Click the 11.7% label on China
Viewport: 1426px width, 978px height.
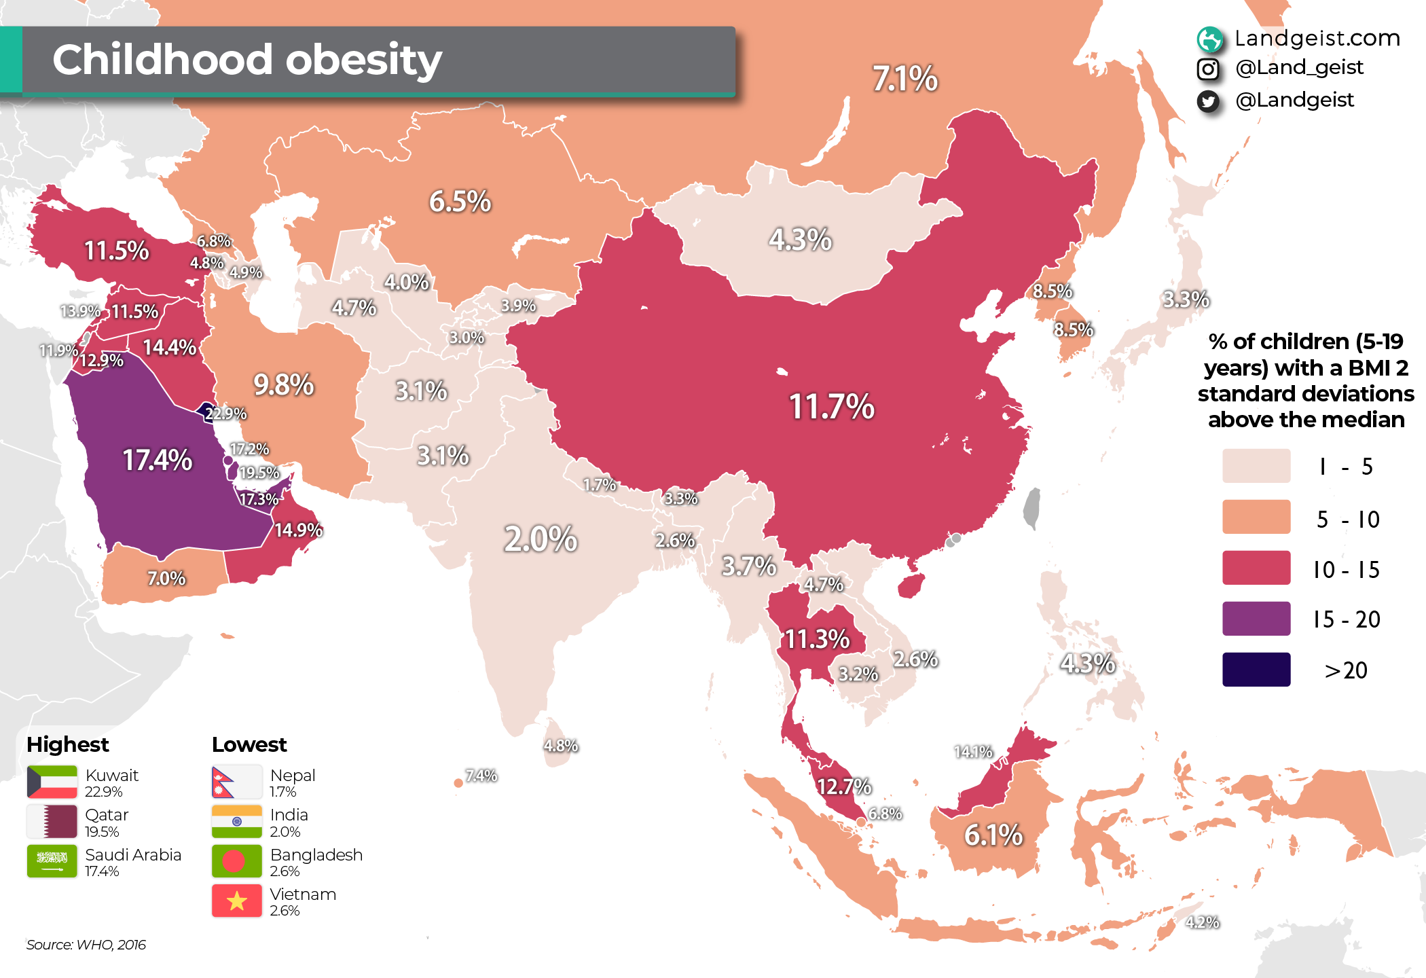pyautogui.click(x=831, y=407)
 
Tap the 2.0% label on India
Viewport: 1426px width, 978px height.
pyautogui.click(x=541, y=539)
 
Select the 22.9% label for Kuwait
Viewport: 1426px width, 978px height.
pyautogui.click(x=226, y=414)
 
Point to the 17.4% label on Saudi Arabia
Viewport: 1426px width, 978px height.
pyautogui.click(x=157, y=460)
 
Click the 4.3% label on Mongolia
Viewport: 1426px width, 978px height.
pyautogui.click(x=800, y=240)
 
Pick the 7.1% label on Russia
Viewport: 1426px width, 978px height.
pyautogui.click(x=904, y=79)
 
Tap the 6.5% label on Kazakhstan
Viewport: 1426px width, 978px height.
pyautogui.click(x=460, y=202)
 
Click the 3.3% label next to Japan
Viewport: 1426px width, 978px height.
pyautogui.click(x=1186, y=300)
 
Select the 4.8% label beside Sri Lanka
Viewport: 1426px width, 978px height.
pyautogui.click(x=560, y=746)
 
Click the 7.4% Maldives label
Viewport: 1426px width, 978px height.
pyautogui.click(x=481, y=776)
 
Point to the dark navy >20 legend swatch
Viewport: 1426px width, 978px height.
pyautogui.click(x=1256, y=670)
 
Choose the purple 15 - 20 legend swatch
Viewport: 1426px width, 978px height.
pyautogui.click(x=1256, y=619)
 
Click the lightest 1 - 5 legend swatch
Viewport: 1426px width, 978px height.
pyautogui.click(x=1256, y=466)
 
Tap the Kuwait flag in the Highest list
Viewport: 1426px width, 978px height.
pyautogui.click(x=52, y=782)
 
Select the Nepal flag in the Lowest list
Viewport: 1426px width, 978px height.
pyautogui.click(x=236, y=782)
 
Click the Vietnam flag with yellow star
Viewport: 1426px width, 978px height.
pyautogui.click(x=236, y=901)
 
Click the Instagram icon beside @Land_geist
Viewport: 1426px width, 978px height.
pyautogui.click(x=1208, y=69)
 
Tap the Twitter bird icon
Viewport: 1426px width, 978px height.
pyautogui.click(x=1208, y=101)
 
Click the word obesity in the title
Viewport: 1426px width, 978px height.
pyautogui.click(x=364, y=60)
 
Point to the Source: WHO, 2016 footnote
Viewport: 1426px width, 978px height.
pyautogui.click(x=86, y=945)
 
